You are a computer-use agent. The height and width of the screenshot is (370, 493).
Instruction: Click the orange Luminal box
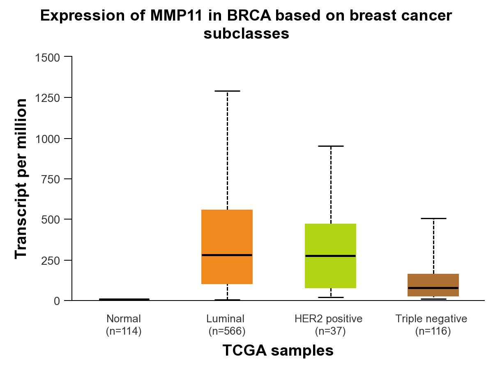227,230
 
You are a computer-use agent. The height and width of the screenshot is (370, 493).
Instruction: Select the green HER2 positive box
330,238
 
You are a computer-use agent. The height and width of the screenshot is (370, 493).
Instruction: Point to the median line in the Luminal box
227,255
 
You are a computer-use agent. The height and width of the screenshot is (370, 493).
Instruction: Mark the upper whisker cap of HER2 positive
330,146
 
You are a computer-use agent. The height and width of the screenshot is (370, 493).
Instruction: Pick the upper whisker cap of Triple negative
433,218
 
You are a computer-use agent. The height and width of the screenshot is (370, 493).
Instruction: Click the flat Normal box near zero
124,299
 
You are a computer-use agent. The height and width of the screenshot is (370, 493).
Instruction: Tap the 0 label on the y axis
57,301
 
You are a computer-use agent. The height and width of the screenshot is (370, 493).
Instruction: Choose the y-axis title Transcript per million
21,179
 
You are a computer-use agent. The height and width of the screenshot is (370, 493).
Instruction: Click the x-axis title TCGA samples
278,351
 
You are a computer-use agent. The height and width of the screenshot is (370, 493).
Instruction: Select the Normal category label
124,319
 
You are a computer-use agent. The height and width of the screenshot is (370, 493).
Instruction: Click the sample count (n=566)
226,331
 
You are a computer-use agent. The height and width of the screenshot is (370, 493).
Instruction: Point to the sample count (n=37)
330,331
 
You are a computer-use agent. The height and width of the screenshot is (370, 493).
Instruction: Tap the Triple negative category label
431,319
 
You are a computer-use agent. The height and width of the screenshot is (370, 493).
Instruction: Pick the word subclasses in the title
246,34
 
